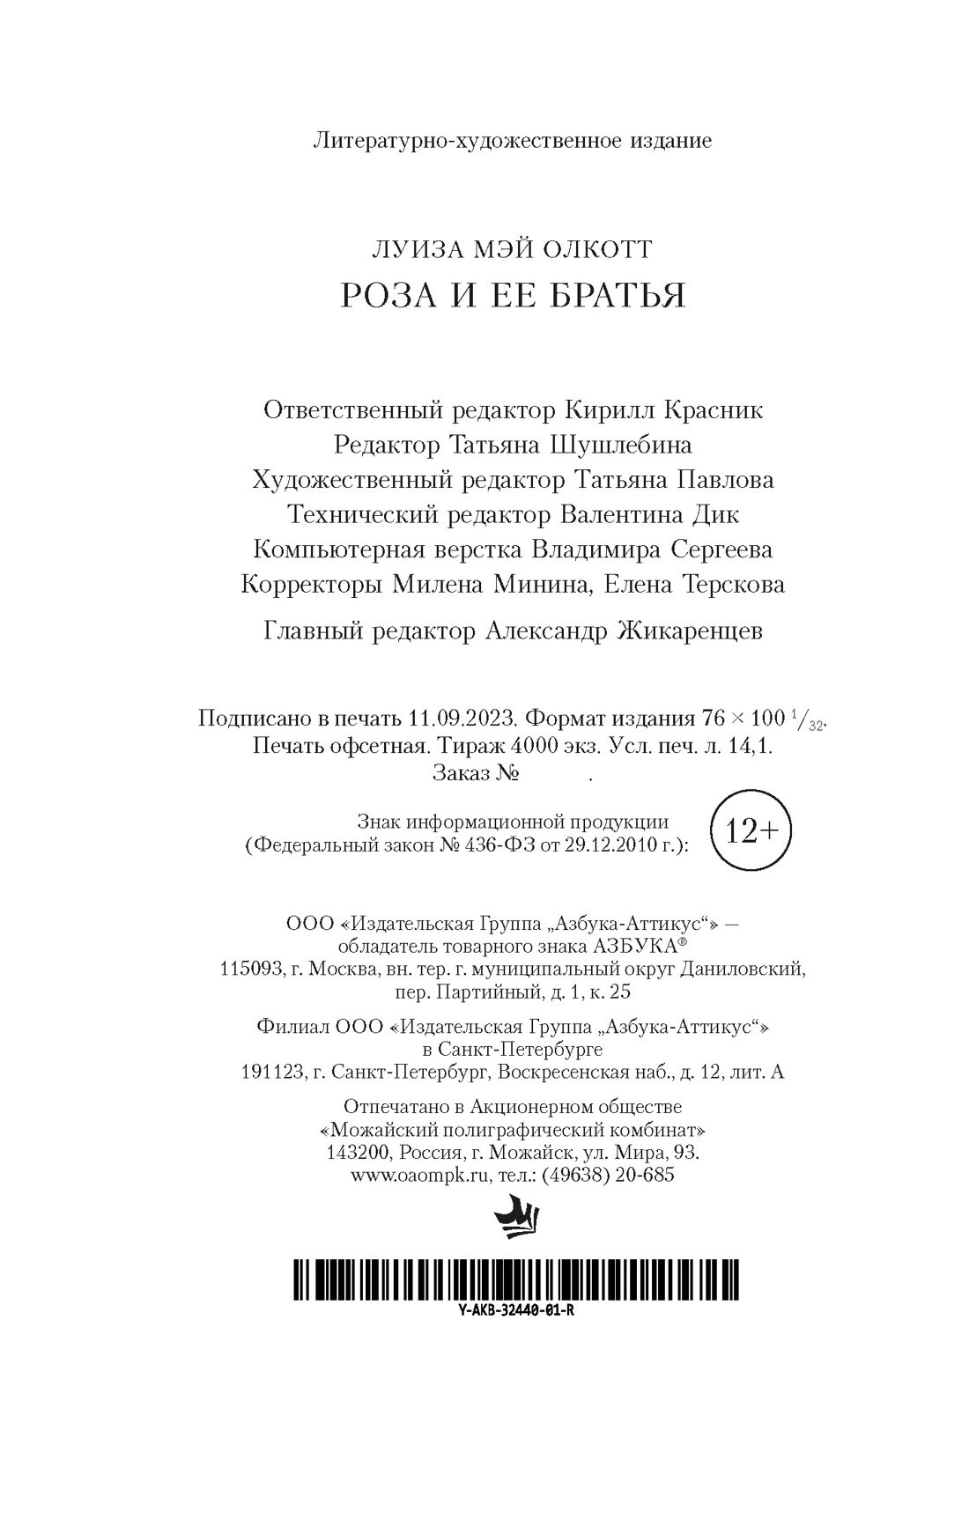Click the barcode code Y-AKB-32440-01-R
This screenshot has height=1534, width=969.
(516, 1309)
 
